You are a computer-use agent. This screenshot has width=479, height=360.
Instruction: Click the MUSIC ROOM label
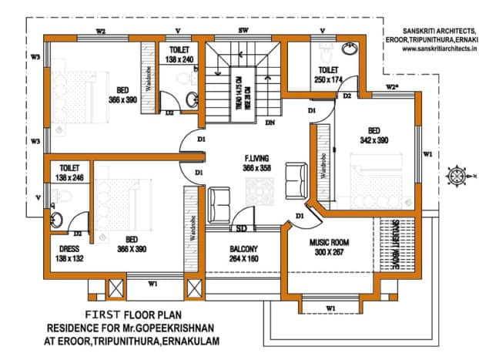pos(329,247)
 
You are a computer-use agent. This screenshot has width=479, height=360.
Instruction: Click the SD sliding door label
pos(241,228)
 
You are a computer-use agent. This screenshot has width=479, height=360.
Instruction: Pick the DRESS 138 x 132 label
pos(70,254)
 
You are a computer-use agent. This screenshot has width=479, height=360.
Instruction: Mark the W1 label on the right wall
pos(427,154)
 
